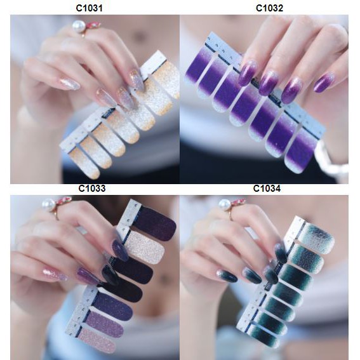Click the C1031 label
pyautogui.click(x=89, y=8)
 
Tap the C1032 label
pyautogui.click(x=269, y=8)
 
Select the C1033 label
pyautogui.click(x=92, y=189)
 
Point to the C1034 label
pyautogui.click(x=267, y=189)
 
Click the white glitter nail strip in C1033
pyautogui.click(x=145, y=248)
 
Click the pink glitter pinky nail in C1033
pyautogui.click(x=55, y=275)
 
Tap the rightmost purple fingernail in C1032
pyautogui.click(x=324, y=82)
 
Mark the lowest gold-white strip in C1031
pyautogui.click(x=84, y=163)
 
